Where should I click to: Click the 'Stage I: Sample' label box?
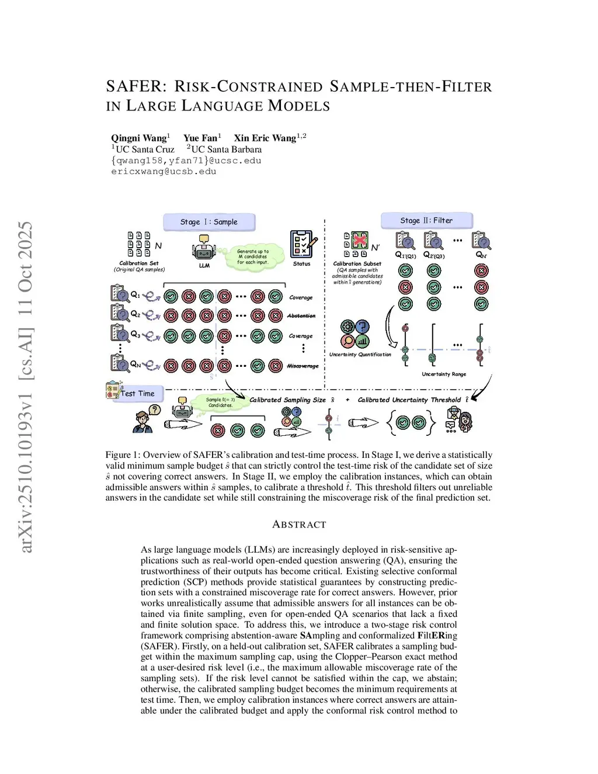[x=208, y=222]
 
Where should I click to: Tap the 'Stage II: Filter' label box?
[x=426, y=220]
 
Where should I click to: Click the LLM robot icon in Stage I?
[x=204, y=249]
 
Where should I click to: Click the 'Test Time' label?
[x=138, y=393]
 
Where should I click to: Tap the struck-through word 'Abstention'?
[x=301, y=315]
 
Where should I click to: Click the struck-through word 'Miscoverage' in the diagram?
[x=303, y=366]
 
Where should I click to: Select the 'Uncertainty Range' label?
[x=444, y=374]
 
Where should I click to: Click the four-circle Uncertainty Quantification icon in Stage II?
[x=355, y=334]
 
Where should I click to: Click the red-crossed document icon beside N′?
[x=360, y=240]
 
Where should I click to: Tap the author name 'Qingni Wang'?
[x=139, y=138]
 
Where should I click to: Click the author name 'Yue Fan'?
[x=200, y=138]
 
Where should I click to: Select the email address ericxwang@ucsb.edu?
[x=164, y=172]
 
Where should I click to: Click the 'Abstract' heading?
[x=299, y=525]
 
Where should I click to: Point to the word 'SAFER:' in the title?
[x=137, y=86]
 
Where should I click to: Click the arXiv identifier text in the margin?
[x=25, y=386]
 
